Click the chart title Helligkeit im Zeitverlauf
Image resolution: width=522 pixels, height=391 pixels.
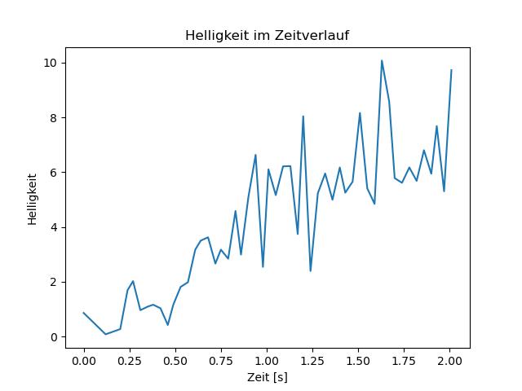coord(267,35)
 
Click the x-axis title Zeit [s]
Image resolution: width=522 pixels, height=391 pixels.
coord(267,377)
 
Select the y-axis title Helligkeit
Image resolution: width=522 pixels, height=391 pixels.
coord(32,199)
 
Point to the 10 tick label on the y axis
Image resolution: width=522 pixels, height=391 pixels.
coord(51,64)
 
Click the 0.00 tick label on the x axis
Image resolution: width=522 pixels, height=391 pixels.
coord(84,361)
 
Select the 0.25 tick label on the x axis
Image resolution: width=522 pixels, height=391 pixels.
coord(130,361)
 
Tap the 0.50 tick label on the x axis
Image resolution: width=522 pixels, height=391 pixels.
coord(175,361)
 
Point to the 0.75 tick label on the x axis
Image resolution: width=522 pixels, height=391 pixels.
coord(221,361)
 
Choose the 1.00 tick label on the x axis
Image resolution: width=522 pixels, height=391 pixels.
coord(267,361)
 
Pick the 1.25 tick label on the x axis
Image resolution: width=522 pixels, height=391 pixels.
coord(312,361)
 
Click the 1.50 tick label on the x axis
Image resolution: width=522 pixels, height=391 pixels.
coord(359,361)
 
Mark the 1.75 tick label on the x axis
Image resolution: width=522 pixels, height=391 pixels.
coord(405,361)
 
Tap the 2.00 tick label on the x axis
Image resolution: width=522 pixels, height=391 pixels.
coord(450,361)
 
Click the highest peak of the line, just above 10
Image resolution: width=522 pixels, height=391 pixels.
coord(382,60)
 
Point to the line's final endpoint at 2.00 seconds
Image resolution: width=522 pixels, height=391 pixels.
coord(451,70)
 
